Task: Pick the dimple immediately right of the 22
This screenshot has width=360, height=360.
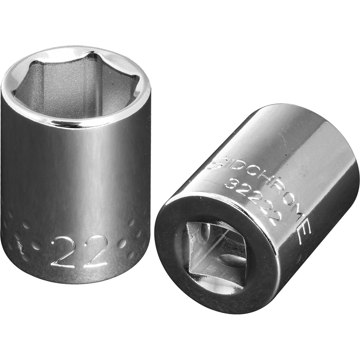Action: pos(122,243)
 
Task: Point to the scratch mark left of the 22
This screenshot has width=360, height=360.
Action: pos(19,243)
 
